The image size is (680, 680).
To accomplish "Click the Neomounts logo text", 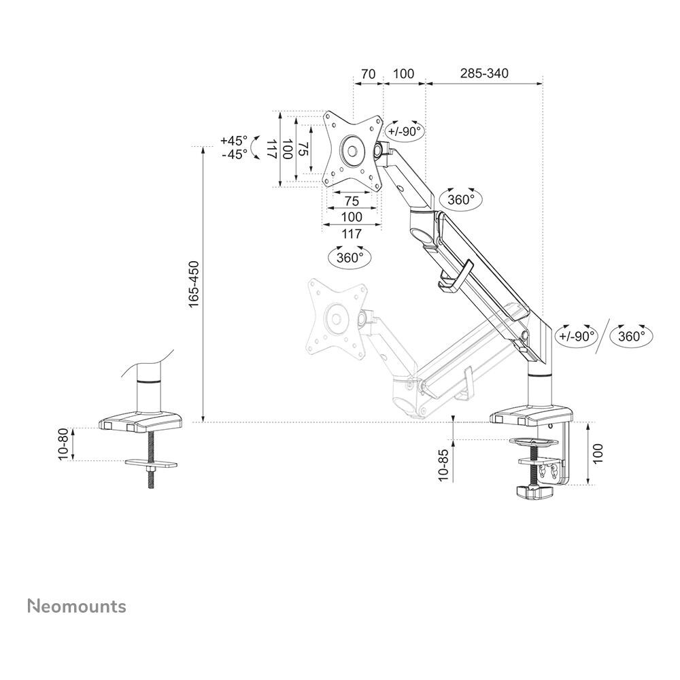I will coord(76,606).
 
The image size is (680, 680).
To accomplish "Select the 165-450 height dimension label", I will coord(194,284).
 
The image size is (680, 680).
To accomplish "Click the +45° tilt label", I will coord(234,141).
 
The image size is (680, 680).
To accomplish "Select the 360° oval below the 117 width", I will coord(350,258).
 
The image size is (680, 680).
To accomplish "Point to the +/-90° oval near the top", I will coord(405,131).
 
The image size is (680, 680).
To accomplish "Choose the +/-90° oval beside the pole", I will coord(576,335).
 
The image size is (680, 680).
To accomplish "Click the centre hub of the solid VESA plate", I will coord(352,149).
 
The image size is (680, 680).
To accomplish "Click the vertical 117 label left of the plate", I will coord(271,149).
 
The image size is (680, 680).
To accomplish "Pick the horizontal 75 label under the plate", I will coord(352,201).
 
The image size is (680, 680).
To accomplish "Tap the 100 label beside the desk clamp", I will coord(598,454).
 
